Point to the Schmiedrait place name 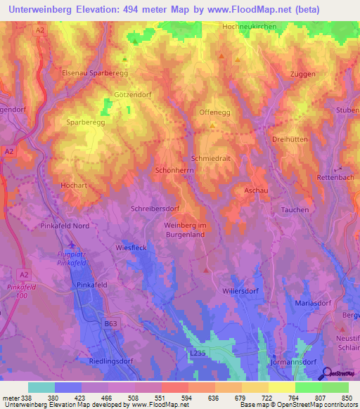click(211, 159)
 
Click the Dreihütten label click(290, 140)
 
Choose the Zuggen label click(302, 74)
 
